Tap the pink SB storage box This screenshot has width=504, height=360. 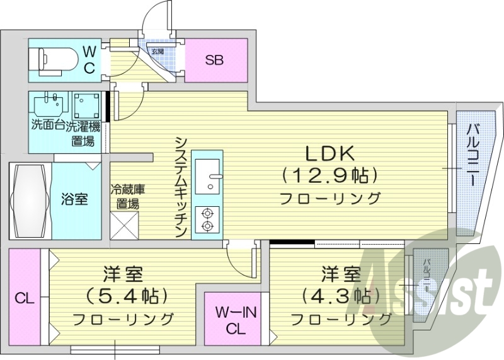(214, 61)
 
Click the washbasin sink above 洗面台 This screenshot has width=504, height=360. (50, 104)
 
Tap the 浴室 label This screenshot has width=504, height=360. (75, 199)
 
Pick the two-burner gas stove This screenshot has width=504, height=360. (207, 219)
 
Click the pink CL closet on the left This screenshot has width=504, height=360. (24, 298)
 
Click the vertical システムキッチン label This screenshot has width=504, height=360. (181, 186)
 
